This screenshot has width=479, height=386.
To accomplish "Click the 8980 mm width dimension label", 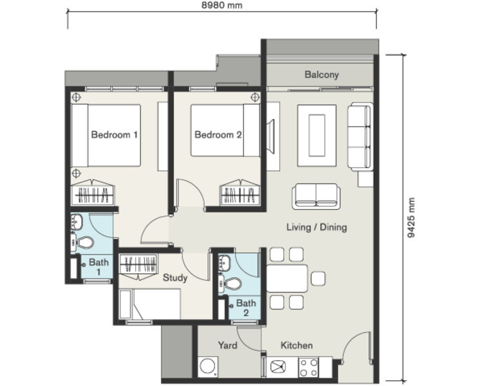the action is click(x=221, y=5).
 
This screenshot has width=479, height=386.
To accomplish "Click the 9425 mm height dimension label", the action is click(x=411, y=217).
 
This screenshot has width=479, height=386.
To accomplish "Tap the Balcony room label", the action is click(x=322, y=75).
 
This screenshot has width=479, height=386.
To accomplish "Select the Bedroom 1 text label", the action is click(x=114, y=134).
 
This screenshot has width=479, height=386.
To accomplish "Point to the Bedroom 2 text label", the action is click(x=218, y=134).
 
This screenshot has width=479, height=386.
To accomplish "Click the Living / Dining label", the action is click(x=317, y=227).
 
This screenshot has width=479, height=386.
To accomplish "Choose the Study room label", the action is click(x=175, y=278).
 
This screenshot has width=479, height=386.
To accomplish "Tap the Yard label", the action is click(x=227, y=345).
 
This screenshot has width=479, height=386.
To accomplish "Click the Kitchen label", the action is click(x=297, y=345).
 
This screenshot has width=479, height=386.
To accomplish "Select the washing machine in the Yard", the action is click(x=208, y=367).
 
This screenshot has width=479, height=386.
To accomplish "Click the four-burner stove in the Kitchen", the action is click(x=308, y=368).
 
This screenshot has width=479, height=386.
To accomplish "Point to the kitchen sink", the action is click(x=278, y=367).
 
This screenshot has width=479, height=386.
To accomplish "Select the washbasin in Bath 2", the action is click(x=224, y=262).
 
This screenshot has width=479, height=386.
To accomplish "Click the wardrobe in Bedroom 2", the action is click(x=240, y=192).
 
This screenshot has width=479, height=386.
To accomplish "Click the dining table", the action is click(x=287, y=279).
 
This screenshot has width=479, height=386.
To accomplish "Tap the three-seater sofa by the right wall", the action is click(x=360, y=136).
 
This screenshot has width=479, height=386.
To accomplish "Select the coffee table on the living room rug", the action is click(x=317, y=136).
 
